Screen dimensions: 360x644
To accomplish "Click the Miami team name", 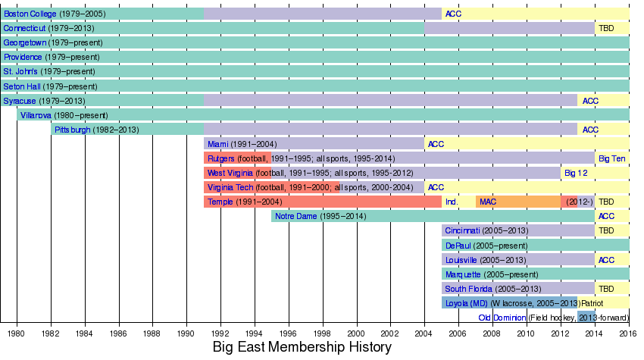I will click(x=218, y=144).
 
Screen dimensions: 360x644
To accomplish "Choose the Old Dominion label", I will click(x=502, y=318).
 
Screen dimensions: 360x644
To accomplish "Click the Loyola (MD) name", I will click(x=467, y=303).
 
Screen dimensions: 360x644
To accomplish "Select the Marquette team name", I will click(x=463, y=274).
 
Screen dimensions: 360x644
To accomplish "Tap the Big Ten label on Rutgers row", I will click(x=612, y=158).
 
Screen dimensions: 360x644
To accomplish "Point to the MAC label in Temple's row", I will click(x=487, y=202).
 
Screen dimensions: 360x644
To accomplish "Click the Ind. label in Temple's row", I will click(x=451, y=202).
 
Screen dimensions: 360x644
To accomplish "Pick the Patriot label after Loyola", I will click(x=592, y=303).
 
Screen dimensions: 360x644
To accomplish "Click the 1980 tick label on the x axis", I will click(x=17, y=333).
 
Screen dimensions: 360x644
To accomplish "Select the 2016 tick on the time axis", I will click(x=628, y=333).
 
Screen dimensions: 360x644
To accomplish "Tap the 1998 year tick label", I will click(x=323, y=333).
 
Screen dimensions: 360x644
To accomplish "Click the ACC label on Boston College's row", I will click(x=453, y=14).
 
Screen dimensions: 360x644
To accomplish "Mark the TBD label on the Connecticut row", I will click(x=606, y=28).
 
